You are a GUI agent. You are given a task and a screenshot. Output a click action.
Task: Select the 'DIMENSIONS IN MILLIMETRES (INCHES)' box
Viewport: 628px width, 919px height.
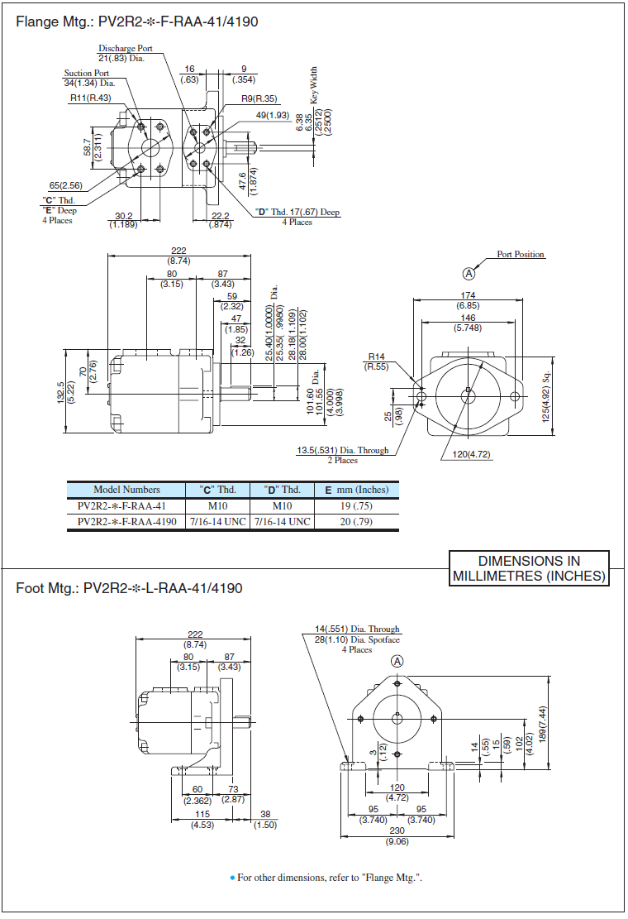click(529, 569)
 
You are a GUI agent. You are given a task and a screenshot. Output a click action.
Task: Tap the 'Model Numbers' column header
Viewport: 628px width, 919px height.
click(126, 490)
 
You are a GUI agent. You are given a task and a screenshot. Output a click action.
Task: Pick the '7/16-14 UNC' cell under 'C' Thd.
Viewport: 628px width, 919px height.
click(217, 522)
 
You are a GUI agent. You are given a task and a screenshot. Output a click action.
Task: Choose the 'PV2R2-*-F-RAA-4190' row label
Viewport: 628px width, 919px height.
click(126, 522)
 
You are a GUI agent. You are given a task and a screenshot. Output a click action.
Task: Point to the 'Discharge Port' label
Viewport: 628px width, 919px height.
click(126, 49)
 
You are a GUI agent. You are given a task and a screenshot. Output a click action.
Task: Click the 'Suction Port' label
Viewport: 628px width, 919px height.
click(87, 74)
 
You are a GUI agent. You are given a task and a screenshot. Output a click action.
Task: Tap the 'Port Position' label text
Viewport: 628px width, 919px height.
click(521, 254)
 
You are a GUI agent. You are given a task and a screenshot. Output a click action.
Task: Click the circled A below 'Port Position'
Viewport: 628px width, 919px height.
click(469, 273)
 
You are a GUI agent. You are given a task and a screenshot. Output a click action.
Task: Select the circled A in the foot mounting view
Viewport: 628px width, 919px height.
click(397, 661)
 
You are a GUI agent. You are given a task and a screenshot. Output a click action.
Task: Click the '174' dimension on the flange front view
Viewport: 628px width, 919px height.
click(468, 295)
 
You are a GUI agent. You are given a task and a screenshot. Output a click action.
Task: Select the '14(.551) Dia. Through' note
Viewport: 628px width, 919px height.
click(357, 629)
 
